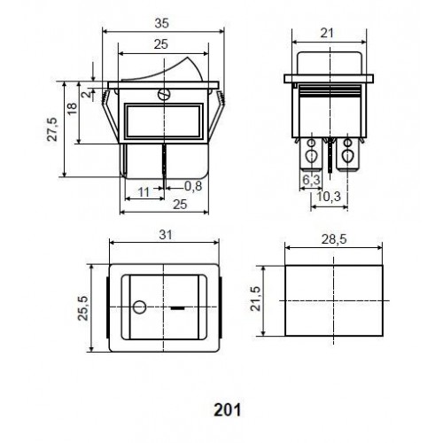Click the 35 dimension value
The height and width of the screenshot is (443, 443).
tap(162, 23)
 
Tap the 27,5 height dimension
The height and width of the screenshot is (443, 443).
tap(52, 129)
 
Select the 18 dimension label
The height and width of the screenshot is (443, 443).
tap(72, 108)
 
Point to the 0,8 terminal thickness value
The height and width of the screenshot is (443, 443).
tap(193, 186)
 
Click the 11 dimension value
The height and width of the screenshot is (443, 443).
tap(144, 192)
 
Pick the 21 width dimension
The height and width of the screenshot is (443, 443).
tap(327, 33)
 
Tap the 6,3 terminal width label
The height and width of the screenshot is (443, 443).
tap(312, 180)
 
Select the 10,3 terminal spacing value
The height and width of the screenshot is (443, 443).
tap(329, 197)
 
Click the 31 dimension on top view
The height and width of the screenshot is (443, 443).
tap(166, 235)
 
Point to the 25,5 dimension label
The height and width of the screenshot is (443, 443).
tap(83, 308)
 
